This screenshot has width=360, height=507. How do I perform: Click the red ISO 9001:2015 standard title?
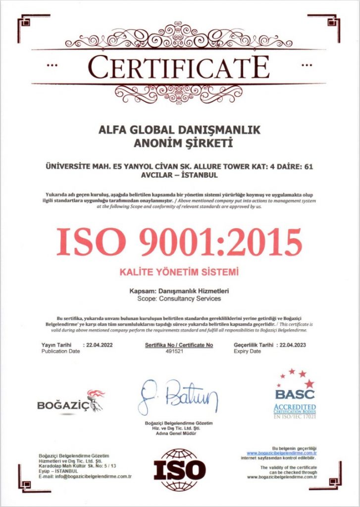[x=179, y=242]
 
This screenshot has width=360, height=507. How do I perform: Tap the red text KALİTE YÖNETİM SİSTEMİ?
[x=179, y=272]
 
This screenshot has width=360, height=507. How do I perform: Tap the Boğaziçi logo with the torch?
[x=71, y=403]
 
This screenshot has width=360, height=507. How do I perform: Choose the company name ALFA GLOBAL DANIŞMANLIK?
[x=179, y=130]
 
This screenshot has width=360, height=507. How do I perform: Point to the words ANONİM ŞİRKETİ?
[x=179, y=144]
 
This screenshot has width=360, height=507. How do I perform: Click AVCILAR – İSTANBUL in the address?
[x=179, y=175]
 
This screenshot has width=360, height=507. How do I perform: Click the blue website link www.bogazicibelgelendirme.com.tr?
[x=282, y=453]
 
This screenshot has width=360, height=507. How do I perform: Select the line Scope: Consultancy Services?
[x=179, y=299]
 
